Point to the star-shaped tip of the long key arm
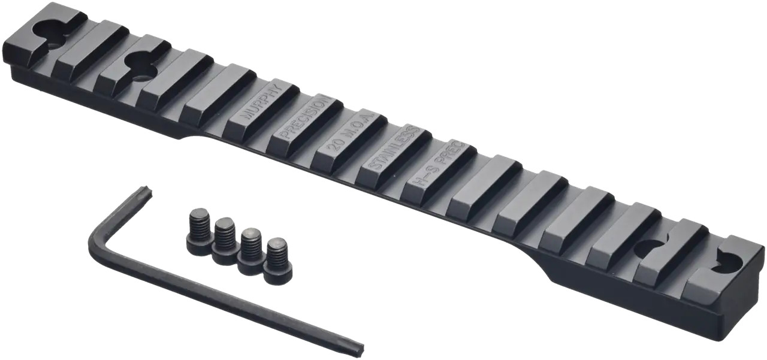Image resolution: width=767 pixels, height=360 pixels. pos(357,346)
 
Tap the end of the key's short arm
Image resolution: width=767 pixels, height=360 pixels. pos(144,192)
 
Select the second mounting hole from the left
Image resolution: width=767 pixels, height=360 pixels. pos(139,65)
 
